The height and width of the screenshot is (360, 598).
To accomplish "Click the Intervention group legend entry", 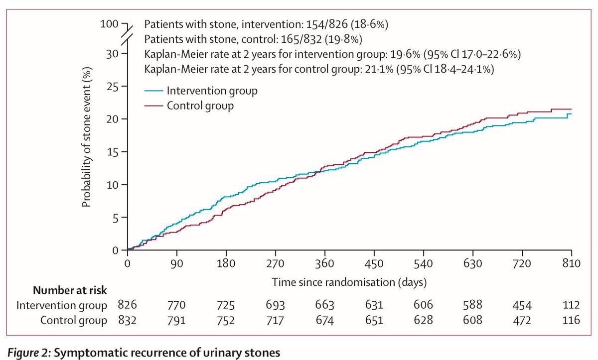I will pos(212,91).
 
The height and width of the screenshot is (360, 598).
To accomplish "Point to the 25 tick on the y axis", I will pos(114,87).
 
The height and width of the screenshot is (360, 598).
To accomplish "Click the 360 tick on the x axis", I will pos(325,263).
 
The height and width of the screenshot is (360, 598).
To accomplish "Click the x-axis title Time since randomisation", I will pos(349,282).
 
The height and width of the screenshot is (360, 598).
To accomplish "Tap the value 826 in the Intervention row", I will pos(128,305).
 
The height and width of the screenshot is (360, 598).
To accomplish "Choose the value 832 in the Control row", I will pos(128,320).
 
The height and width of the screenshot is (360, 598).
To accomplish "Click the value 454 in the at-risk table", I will pos(521,305).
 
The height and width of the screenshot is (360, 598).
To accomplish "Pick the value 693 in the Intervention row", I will pos(275,305).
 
